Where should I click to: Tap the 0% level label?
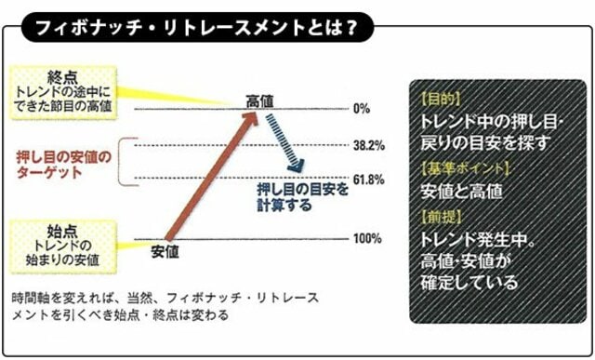point(362,109)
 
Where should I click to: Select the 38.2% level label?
point(368,146)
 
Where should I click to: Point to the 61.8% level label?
point(368,180)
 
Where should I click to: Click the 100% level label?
point(367,239)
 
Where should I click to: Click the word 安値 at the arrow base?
point(164,251)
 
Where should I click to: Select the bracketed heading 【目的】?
point(442,97)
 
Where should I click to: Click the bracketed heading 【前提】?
point(442,216)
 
